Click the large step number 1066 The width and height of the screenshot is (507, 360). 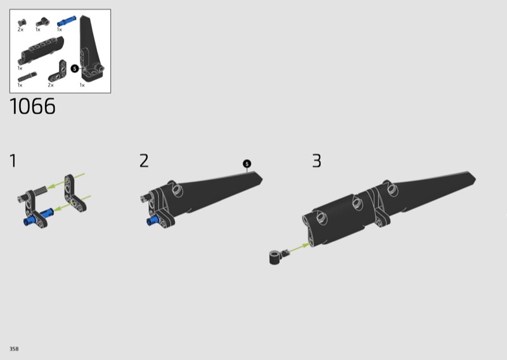tap(33, 106)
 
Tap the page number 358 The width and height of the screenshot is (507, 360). tap(14, 349)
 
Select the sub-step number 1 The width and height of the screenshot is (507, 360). tap(13, 161)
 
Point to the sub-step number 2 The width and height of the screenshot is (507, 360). tap(144, 161)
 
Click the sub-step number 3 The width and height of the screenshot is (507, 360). tap(316, 161)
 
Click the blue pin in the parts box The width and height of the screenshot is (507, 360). tap(67, 21)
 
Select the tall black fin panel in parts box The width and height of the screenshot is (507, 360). tap(91, 48)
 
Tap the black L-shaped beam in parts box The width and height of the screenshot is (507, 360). tap(57, 72)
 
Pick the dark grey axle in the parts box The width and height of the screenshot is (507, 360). tap(27, 77)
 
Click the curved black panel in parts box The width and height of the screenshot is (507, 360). tap(41, 50)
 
